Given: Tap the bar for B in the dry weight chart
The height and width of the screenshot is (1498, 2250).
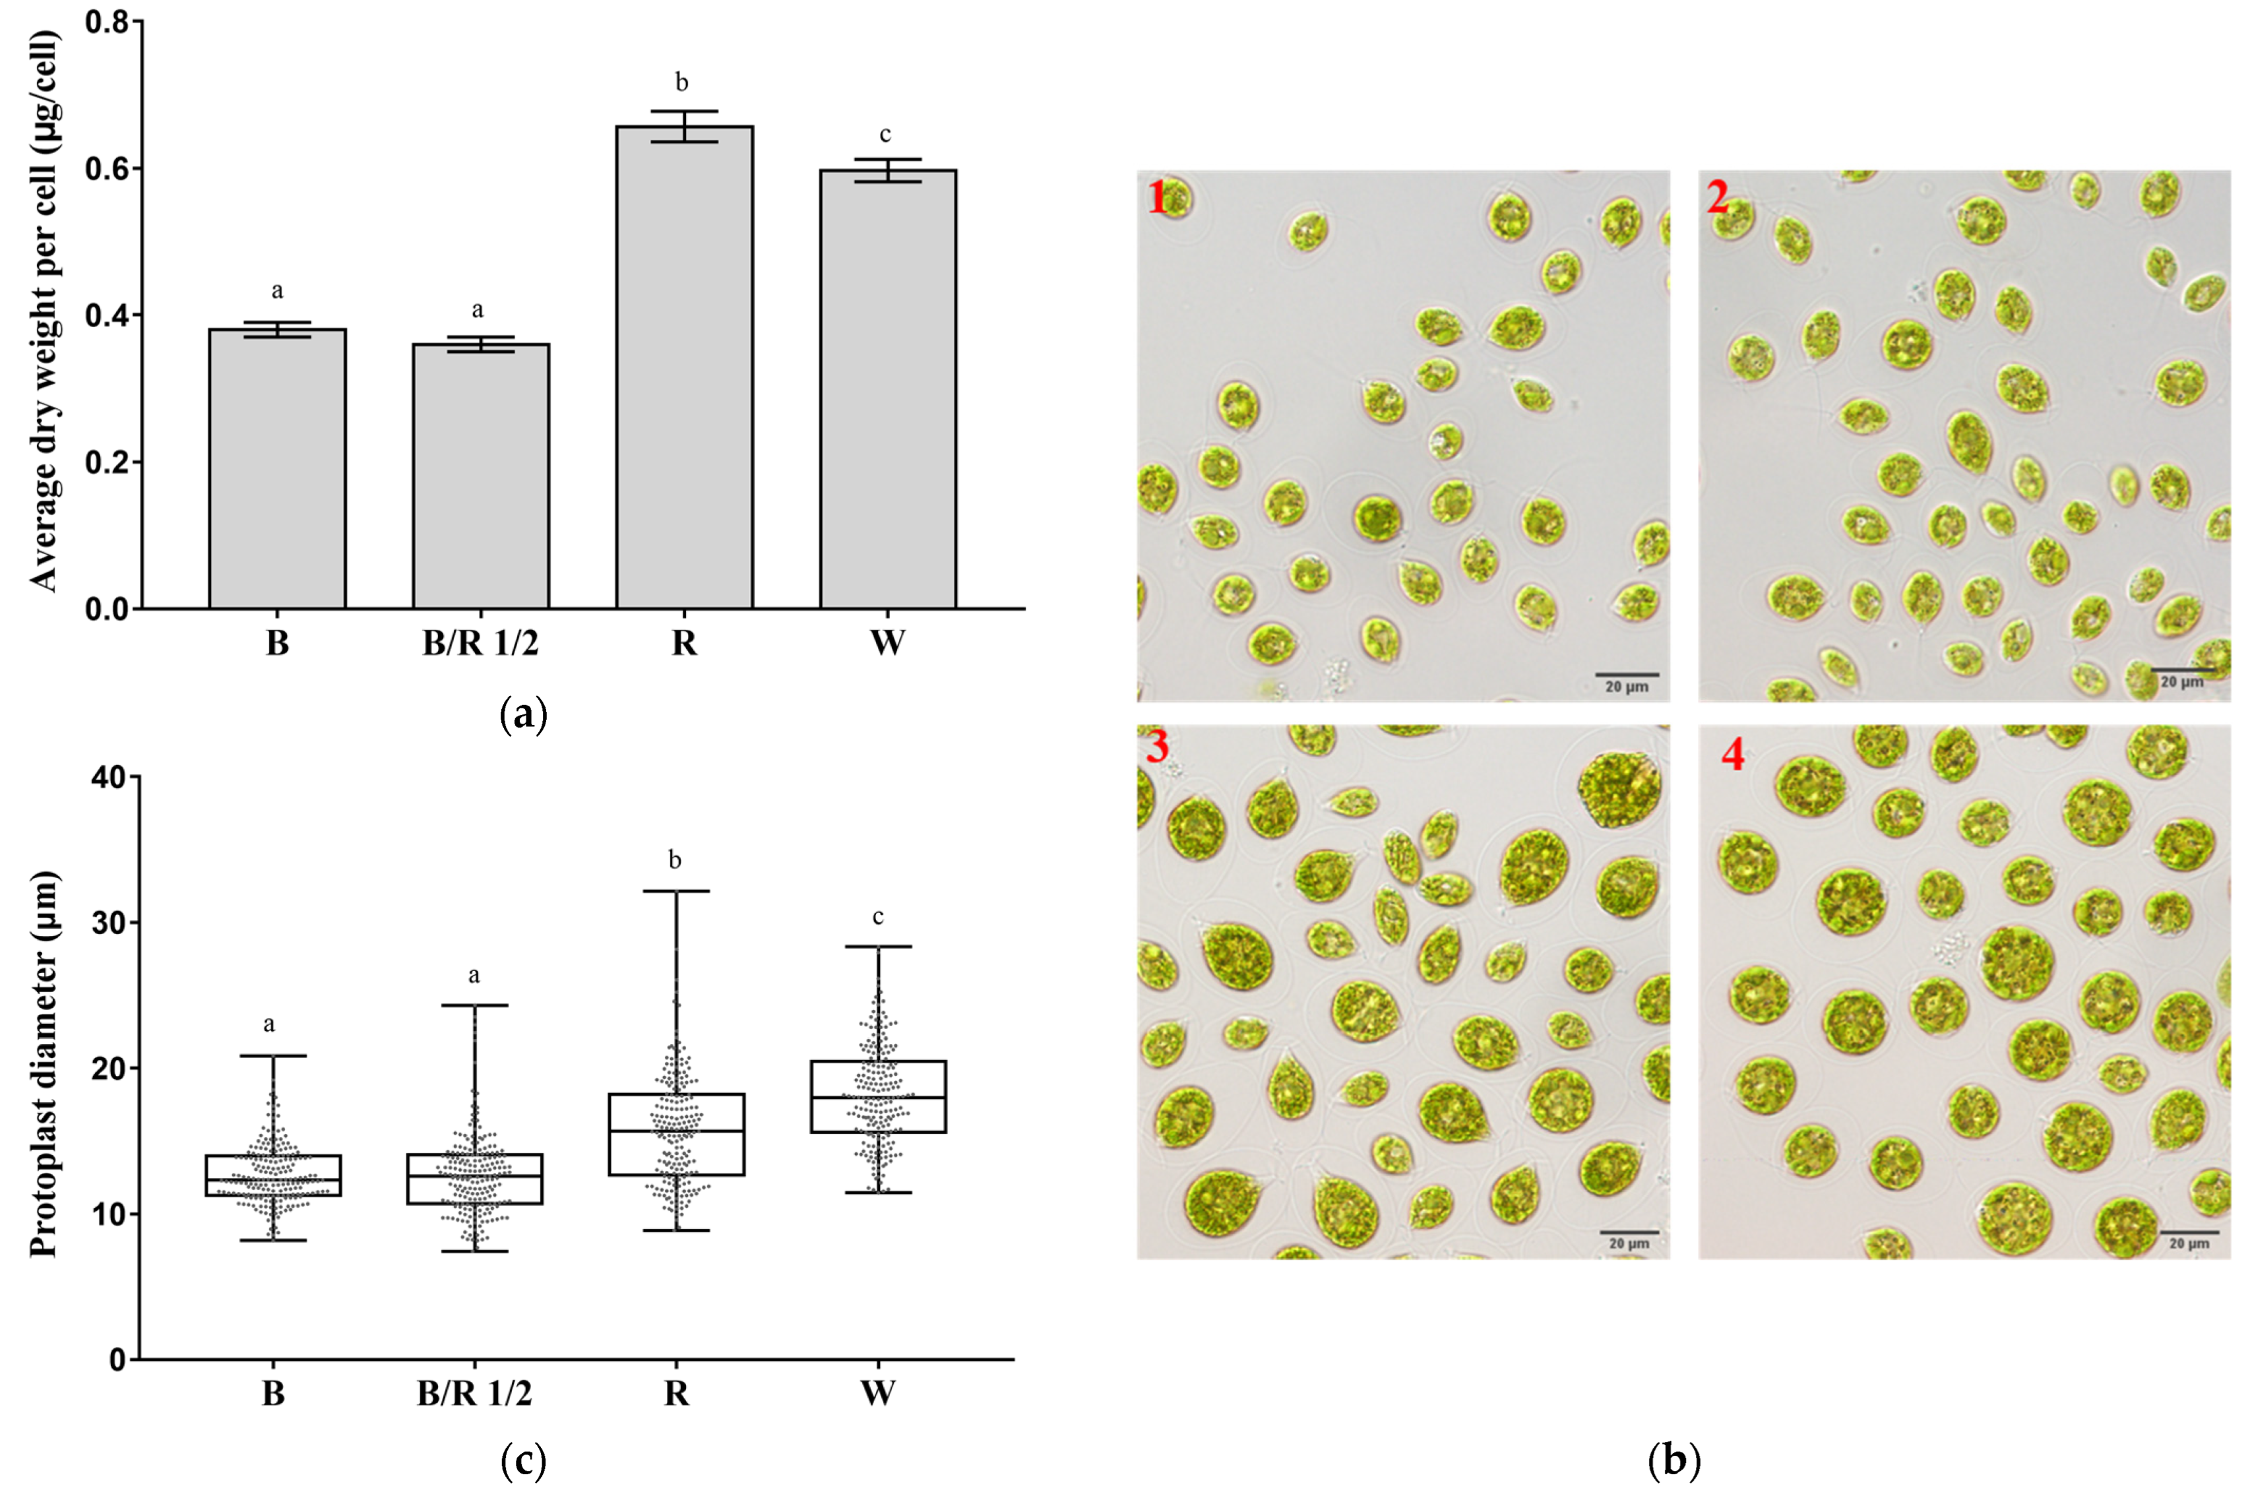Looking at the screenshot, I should click(x=277, y=468).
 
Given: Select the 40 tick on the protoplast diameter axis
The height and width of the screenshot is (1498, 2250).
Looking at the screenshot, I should click(x=109, y=778).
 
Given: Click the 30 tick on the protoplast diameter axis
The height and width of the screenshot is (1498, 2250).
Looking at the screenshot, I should click(x=109, y=923).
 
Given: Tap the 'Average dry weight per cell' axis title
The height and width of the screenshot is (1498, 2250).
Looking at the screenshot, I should click(x=44, y=311).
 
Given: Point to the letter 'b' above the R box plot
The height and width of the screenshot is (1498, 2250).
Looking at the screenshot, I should click(x=675, y=861).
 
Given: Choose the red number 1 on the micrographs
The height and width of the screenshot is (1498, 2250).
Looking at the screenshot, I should click(x=1158, y=198).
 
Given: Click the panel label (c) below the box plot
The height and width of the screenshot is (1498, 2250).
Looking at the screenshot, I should click(x=524, y=1462).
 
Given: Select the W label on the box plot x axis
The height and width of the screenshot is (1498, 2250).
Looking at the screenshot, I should click(x=878, y=1394).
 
